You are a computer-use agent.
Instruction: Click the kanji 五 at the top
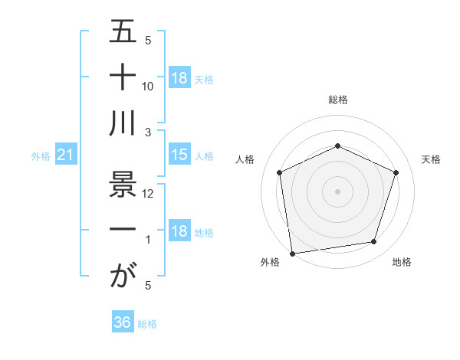point(123,31)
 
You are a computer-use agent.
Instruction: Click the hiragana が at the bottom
point(123,276)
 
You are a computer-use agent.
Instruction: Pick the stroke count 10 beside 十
point(148,87)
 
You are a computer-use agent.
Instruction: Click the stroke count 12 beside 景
point(148,194)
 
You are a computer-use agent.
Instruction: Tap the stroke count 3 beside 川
point(148,133)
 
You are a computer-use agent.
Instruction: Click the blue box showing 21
point(66,155)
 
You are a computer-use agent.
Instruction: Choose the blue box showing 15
point(179,155)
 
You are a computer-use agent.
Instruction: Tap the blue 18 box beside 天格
point(179,78)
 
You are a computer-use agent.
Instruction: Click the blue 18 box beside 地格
point(179,231)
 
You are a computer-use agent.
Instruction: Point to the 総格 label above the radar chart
point(338,100)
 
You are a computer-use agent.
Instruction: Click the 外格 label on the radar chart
point(270,262)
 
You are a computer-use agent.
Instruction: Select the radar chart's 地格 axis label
point(402,262)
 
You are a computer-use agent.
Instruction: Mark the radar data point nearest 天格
point(396,172)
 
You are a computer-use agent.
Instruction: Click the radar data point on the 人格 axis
point(280,172)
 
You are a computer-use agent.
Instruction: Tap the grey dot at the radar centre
point(338,191)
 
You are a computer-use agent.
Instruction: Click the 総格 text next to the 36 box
point(147,324)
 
